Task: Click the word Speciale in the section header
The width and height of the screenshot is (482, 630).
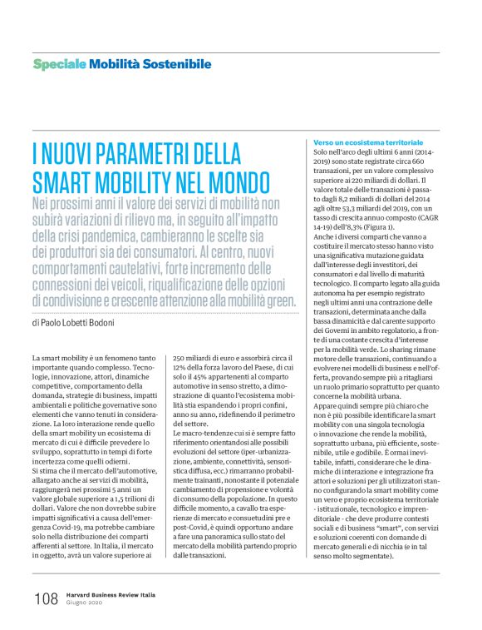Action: pos(59,64)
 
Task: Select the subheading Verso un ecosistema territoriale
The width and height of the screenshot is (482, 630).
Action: pos(367,143)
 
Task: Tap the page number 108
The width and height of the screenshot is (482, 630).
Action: pos(46,598)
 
